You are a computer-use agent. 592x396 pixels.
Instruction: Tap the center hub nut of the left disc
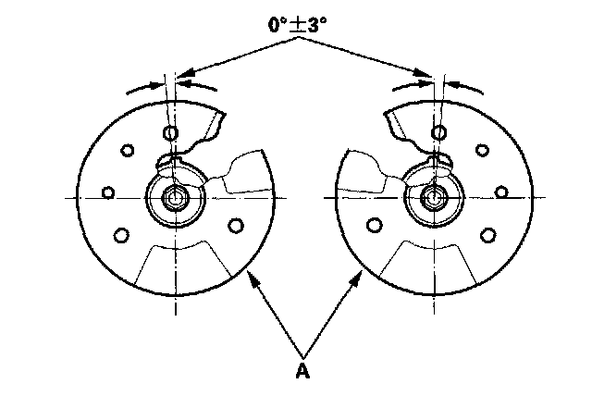174,198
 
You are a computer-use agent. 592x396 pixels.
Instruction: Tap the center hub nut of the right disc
432,198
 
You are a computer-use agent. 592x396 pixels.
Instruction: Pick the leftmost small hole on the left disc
108,192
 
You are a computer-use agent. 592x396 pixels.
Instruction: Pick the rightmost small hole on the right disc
500,192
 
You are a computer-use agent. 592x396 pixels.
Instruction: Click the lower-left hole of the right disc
375,224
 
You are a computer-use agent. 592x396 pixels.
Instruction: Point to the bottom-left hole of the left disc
120,235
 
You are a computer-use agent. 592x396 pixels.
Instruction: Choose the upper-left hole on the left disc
128,150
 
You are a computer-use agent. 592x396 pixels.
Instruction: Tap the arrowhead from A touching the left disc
251,272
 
